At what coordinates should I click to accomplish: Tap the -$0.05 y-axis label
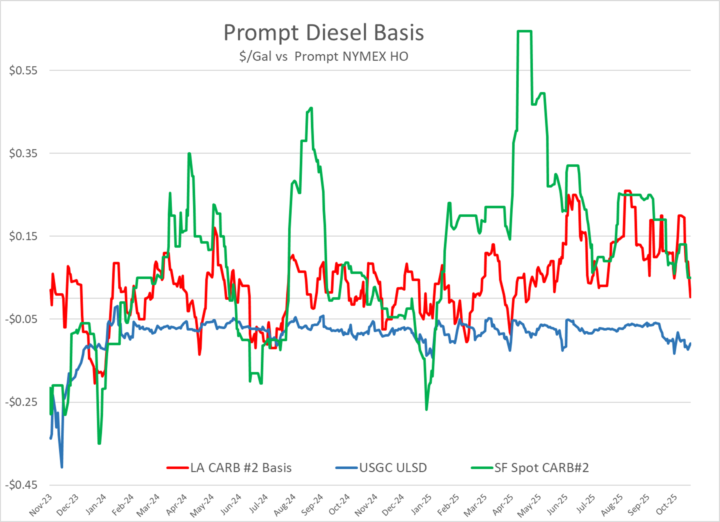21,319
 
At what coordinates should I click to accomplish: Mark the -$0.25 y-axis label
21,402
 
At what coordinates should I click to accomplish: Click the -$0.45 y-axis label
21,485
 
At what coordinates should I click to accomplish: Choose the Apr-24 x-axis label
176,505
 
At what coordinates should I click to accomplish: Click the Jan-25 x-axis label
421,505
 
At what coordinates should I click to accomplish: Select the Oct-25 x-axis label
666,505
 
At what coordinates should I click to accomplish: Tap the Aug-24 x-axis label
285,505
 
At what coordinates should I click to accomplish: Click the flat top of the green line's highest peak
524,31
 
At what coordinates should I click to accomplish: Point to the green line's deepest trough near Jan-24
99,443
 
